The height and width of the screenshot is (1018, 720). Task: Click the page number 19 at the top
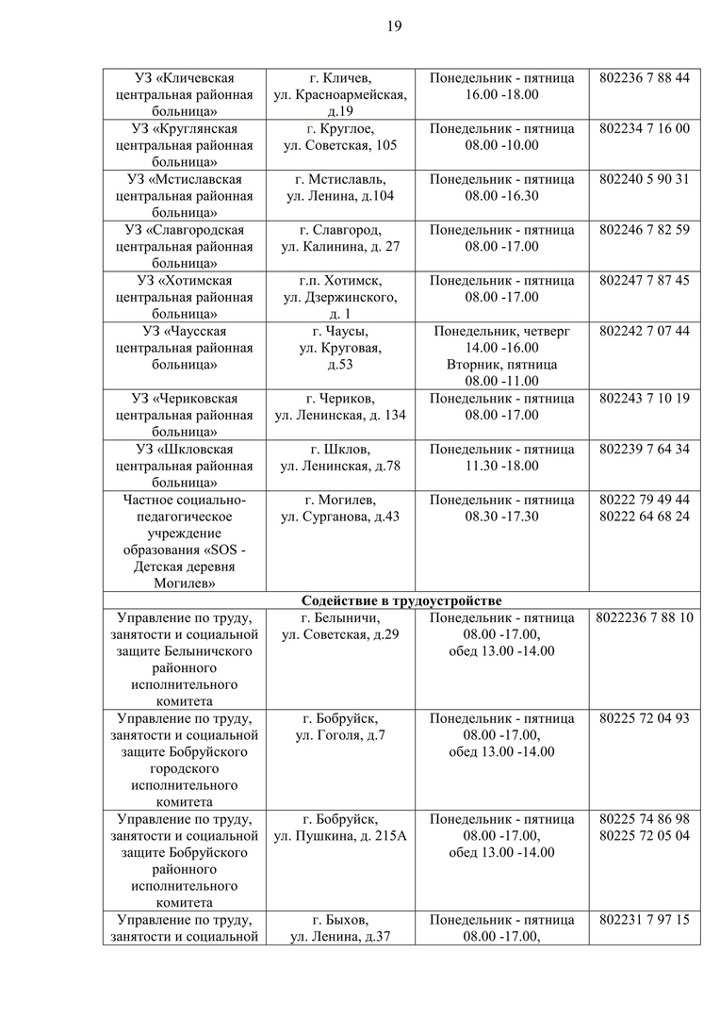click(x=394, y=26)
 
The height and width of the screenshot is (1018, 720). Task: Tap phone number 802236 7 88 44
click(x=644, y=77)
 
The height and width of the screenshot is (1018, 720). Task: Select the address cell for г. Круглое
click(x=340, y=137)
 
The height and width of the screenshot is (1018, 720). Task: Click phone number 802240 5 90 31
click(x=644, y=179)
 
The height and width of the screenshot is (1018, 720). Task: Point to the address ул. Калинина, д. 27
click(x=340, y=247)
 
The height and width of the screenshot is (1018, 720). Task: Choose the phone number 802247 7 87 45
click(x=644, y=281)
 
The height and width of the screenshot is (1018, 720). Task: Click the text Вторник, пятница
click(x=501, y=365)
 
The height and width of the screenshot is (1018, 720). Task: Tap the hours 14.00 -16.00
click(x=501, y=348)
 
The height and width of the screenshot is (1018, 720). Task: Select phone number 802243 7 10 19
click(x=644, y=399)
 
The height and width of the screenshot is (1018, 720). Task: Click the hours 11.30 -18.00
click(x=501, y=466)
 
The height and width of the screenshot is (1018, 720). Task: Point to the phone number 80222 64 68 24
click(x=644, y=517)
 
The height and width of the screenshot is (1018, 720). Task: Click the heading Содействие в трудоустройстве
click(x=401, y=600)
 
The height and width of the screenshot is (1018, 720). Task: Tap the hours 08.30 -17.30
click(x=501, y=517)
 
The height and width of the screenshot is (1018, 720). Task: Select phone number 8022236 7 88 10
click(x=644, y=617)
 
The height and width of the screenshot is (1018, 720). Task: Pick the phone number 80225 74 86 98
click(x=644, y=819)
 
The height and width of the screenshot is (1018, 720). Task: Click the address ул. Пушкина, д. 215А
click(x=340, y=836)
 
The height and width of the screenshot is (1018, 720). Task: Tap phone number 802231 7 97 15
click(x=644, y=920)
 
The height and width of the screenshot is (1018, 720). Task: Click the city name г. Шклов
click(x=340, y=449)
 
